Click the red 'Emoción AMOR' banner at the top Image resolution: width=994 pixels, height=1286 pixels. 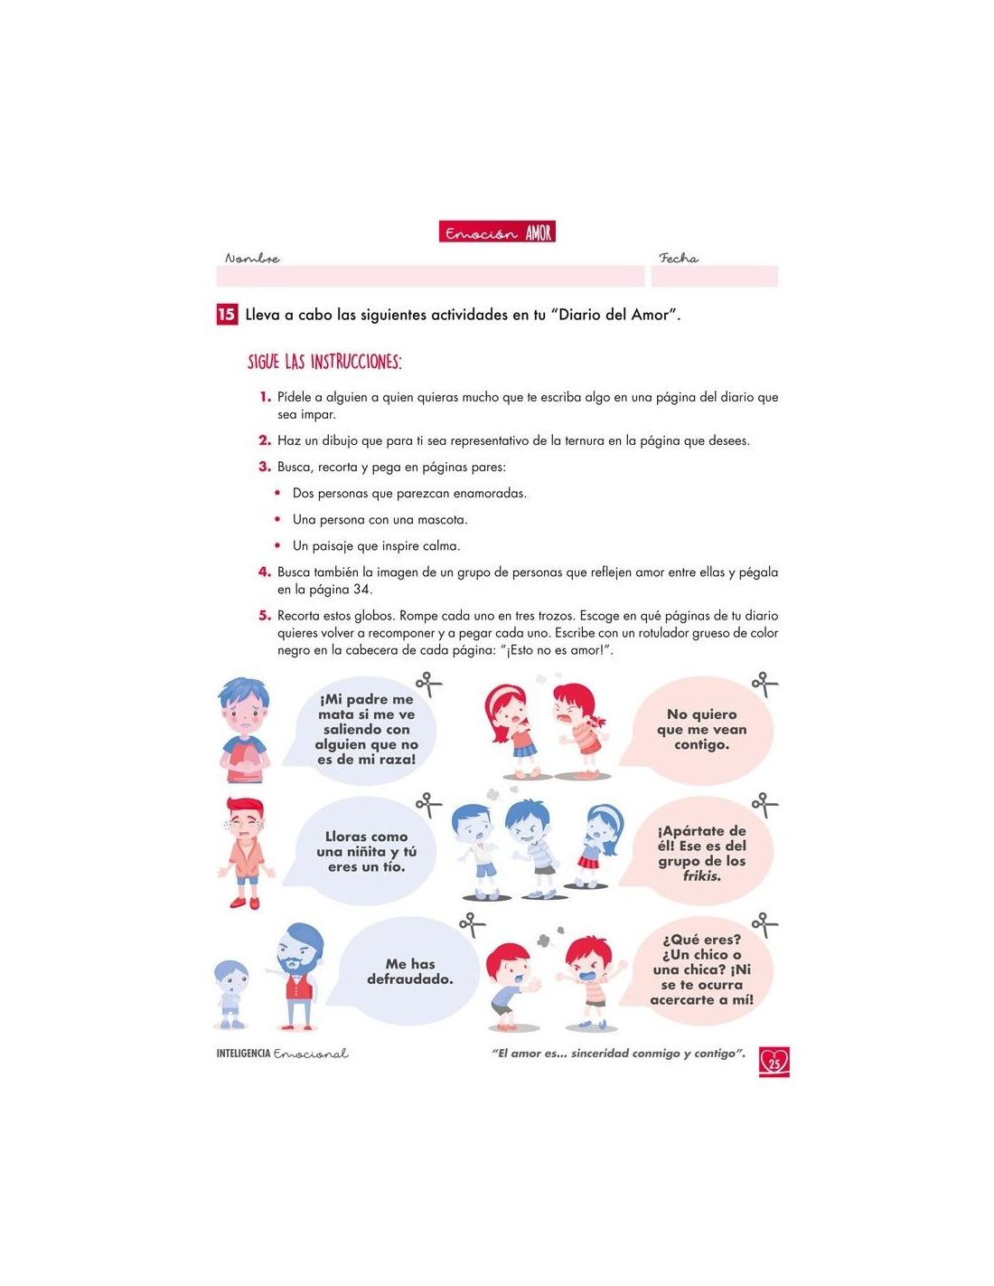pyautogui.click(x=497, y=232)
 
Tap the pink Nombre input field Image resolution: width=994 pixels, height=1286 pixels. pyautogui.click(x=430, y=276)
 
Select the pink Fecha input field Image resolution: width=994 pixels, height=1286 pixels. pyautogui.click(x=714, y=276)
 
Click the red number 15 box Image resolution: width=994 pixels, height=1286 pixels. pyautogui.click(x=226, y=315)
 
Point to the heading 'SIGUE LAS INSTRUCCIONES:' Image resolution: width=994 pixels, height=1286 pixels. pyautogui.click(x=324, y=362)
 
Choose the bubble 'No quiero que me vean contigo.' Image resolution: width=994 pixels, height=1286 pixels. pyautogui.click(x=701, y=729)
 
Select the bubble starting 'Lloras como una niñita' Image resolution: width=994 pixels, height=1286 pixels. pyautogui.click(x=366, y=851)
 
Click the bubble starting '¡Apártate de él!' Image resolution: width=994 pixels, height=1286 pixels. pyautogui.click(x=701, y=852)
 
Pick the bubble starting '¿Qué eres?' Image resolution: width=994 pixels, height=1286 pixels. pyautogui.click(x=701, y=969)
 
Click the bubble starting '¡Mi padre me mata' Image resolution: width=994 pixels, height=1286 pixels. pyautogui.click(x=366, y=729)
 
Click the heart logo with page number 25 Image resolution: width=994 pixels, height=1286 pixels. pyautogui.click(x=774, y=1061)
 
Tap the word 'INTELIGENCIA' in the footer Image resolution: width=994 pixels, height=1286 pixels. pyautogui.click(x=243, y=1054)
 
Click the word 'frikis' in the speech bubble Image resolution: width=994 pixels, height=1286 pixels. pyautogui.click(x=701, y=875)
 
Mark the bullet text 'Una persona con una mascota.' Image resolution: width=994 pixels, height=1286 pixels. pyautogui.click(x=380, y=520)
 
